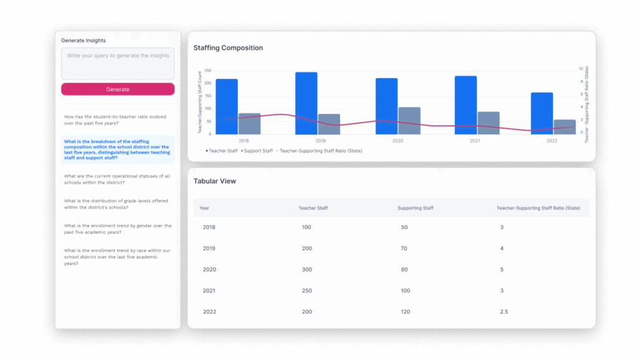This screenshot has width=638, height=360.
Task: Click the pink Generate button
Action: pyautogui.click(x=118, y=89)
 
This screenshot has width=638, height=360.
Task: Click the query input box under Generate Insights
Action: pyautogui.click(x=118, y=64)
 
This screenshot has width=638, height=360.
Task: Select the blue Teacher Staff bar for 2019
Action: pyautogui.click(x=306, y=103)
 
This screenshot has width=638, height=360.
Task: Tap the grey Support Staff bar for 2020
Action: pyautogui.click(x=409, y=121)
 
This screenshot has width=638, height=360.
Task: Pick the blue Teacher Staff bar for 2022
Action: pyautogui.click(x=541, y=113)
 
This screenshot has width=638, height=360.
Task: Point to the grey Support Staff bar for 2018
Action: pyautogui.click(x=249, y=123)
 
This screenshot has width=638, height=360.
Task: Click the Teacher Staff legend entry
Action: pyautogui.click(x=222, y=151)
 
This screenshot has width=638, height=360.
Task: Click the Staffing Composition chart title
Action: pyautogui.click(x=228, y=48)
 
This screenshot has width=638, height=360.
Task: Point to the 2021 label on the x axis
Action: pyautogui.click(x=475, y=141)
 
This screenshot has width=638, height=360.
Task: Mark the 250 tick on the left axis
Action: pyautogui.click(x=208, y=70)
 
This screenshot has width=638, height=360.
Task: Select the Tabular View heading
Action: pyautogui.click(x=215, y=181)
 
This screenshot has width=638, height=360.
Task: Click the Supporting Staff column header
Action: pyautogui.click(x=416, y=207)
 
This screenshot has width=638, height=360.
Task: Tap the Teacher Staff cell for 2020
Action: pyautogui.click(x=306, y=270)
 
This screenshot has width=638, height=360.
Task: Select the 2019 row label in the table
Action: pyautogui.click(x=209, y=249)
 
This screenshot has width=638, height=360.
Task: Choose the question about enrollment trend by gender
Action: pyautogui.click(x=118, y=229)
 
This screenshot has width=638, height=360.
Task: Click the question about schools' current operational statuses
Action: pyautogui.click(x=117, y=179)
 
